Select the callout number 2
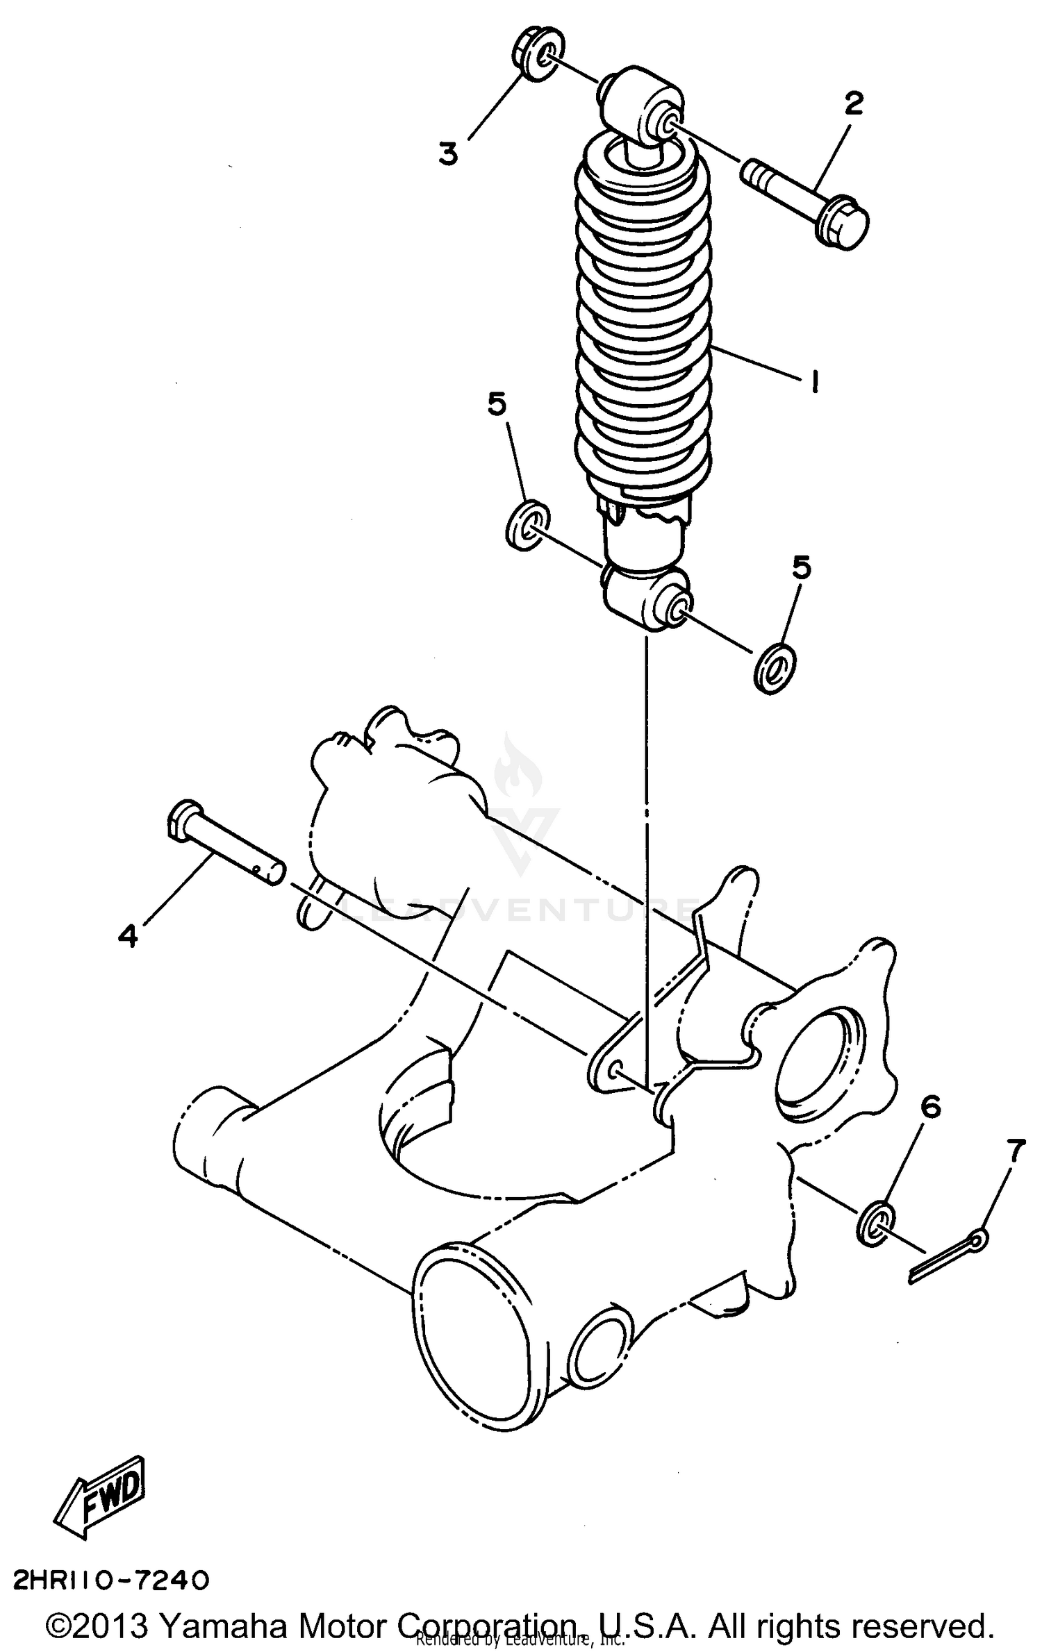click(x=854, y=103)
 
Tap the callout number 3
click(x=449, y=153)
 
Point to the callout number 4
click(x=128, y=936)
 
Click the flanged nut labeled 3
click(x=539, y=56)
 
